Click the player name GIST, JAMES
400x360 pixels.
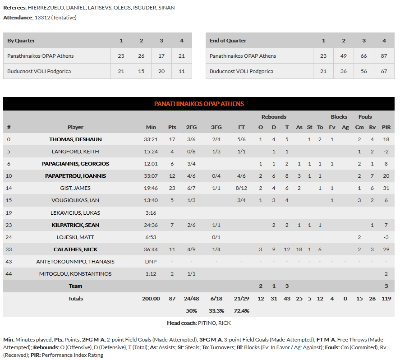(75, 188)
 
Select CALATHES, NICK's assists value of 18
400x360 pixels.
(299, 249)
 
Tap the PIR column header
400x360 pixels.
(386, 127)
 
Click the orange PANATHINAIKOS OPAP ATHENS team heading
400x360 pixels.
(199, 104)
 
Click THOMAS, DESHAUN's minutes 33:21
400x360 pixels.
(151, 139)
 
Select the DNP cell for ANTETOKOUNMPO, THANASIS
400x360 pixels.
(151, 262)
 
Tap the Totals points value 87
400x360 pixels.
(172, 299)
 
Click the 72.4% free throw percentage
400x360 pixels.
(242, 311)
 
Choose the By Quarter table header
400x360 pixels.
(21, 41)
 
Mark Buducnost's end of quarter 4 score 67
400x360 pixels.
(384, 71)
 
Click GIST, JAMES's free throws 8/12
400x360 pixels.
(242, 188)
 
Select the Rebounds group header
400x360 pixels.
(274, 117)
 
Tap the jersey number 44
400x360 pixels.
(9, 274)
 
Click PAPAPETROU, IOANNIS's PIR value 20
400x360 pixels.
(386, 176)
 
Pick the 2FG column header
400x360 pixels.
(191, 127)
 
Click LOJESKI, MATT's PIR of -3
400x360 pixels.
(386, 237)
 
